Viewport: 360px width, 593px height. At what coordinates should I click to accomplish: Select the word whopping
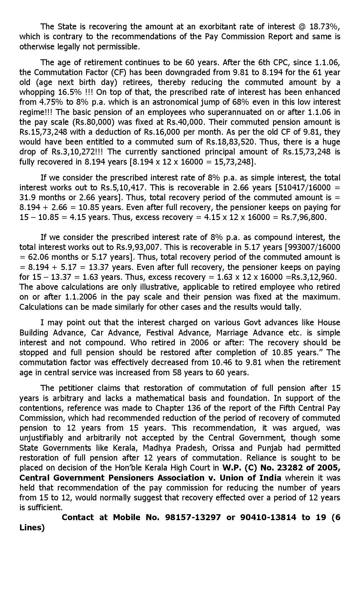(x=37, y=92)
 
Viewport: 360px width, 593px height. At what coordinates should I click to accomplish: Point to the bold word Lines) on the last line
(x=32, y=527)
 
